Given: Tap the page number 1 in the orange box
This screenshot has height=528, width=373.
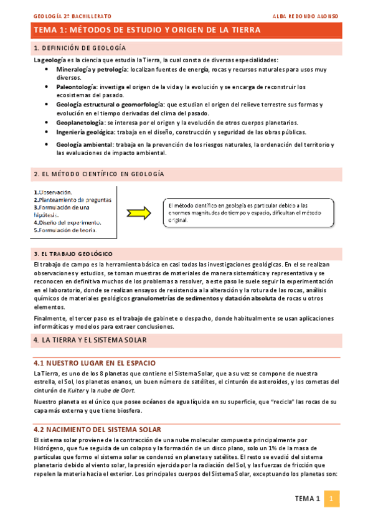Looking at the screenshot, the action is [332, 499].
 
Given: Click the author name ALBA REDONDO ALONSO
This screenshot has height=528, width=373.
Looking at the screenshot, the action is [306, 15].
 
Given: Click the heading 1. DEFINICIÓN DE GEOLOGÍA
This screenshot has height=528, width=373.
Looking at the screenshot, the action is [80, 48].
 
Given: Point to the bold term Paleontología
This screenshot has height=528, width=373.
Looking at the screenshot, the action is [77, 87].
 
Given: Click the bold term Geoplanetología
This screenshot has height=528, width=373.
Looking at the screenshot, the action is [80, 123].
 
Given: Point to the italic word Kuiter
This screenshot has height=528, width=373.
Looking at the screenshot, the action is [78, 390].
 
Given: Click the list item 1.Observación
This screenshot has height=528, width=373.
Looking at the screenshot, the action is [54, 192].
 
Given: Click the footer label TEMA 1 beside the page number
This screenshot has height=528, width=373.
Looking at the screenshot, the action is [307, 499].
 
